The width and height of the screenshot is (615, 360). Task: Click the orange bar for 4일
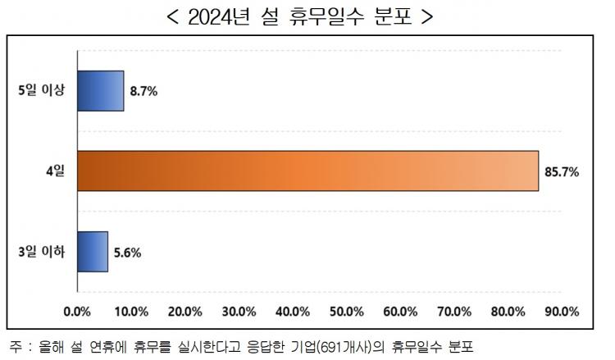coord(307,171)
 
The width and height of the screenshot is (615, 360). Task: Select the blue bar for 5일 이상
coord(100,90)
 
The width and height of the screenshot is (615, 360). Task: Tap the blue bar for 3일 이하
coord(92,252)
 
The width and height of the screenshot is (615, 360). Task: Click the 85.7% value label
coord(562,171)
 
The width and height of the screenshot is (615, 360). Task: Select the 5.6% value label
coord(127,253)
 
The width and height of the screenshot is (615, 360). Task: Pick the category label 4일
coord(55,171)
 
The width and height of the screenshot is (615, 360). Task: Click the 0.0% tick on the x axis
coord(77,312)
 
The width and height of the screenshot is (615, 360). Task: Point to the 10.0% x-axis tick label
coord(131,312)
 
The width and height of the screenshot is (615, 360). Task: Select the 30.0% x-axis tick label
coord(239,312)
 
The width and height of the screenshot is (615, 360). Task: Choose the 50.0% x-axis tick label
coord(347,312)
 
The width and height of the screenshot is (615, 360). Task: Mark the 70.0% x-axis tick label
coord(454,312)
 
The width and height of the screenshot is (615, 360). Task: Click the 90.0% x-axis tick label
coord(563,312)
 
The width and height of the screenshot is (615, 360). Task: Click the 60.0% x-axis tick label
coord(401,312)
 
